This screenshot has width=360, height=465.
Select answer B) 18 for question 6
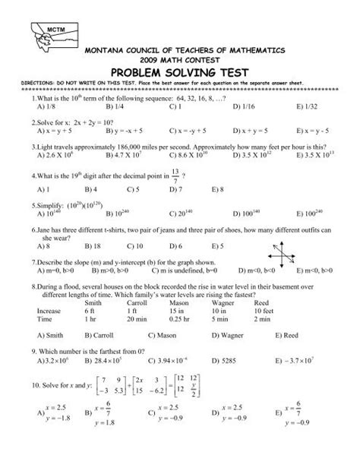click(93, 246)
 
